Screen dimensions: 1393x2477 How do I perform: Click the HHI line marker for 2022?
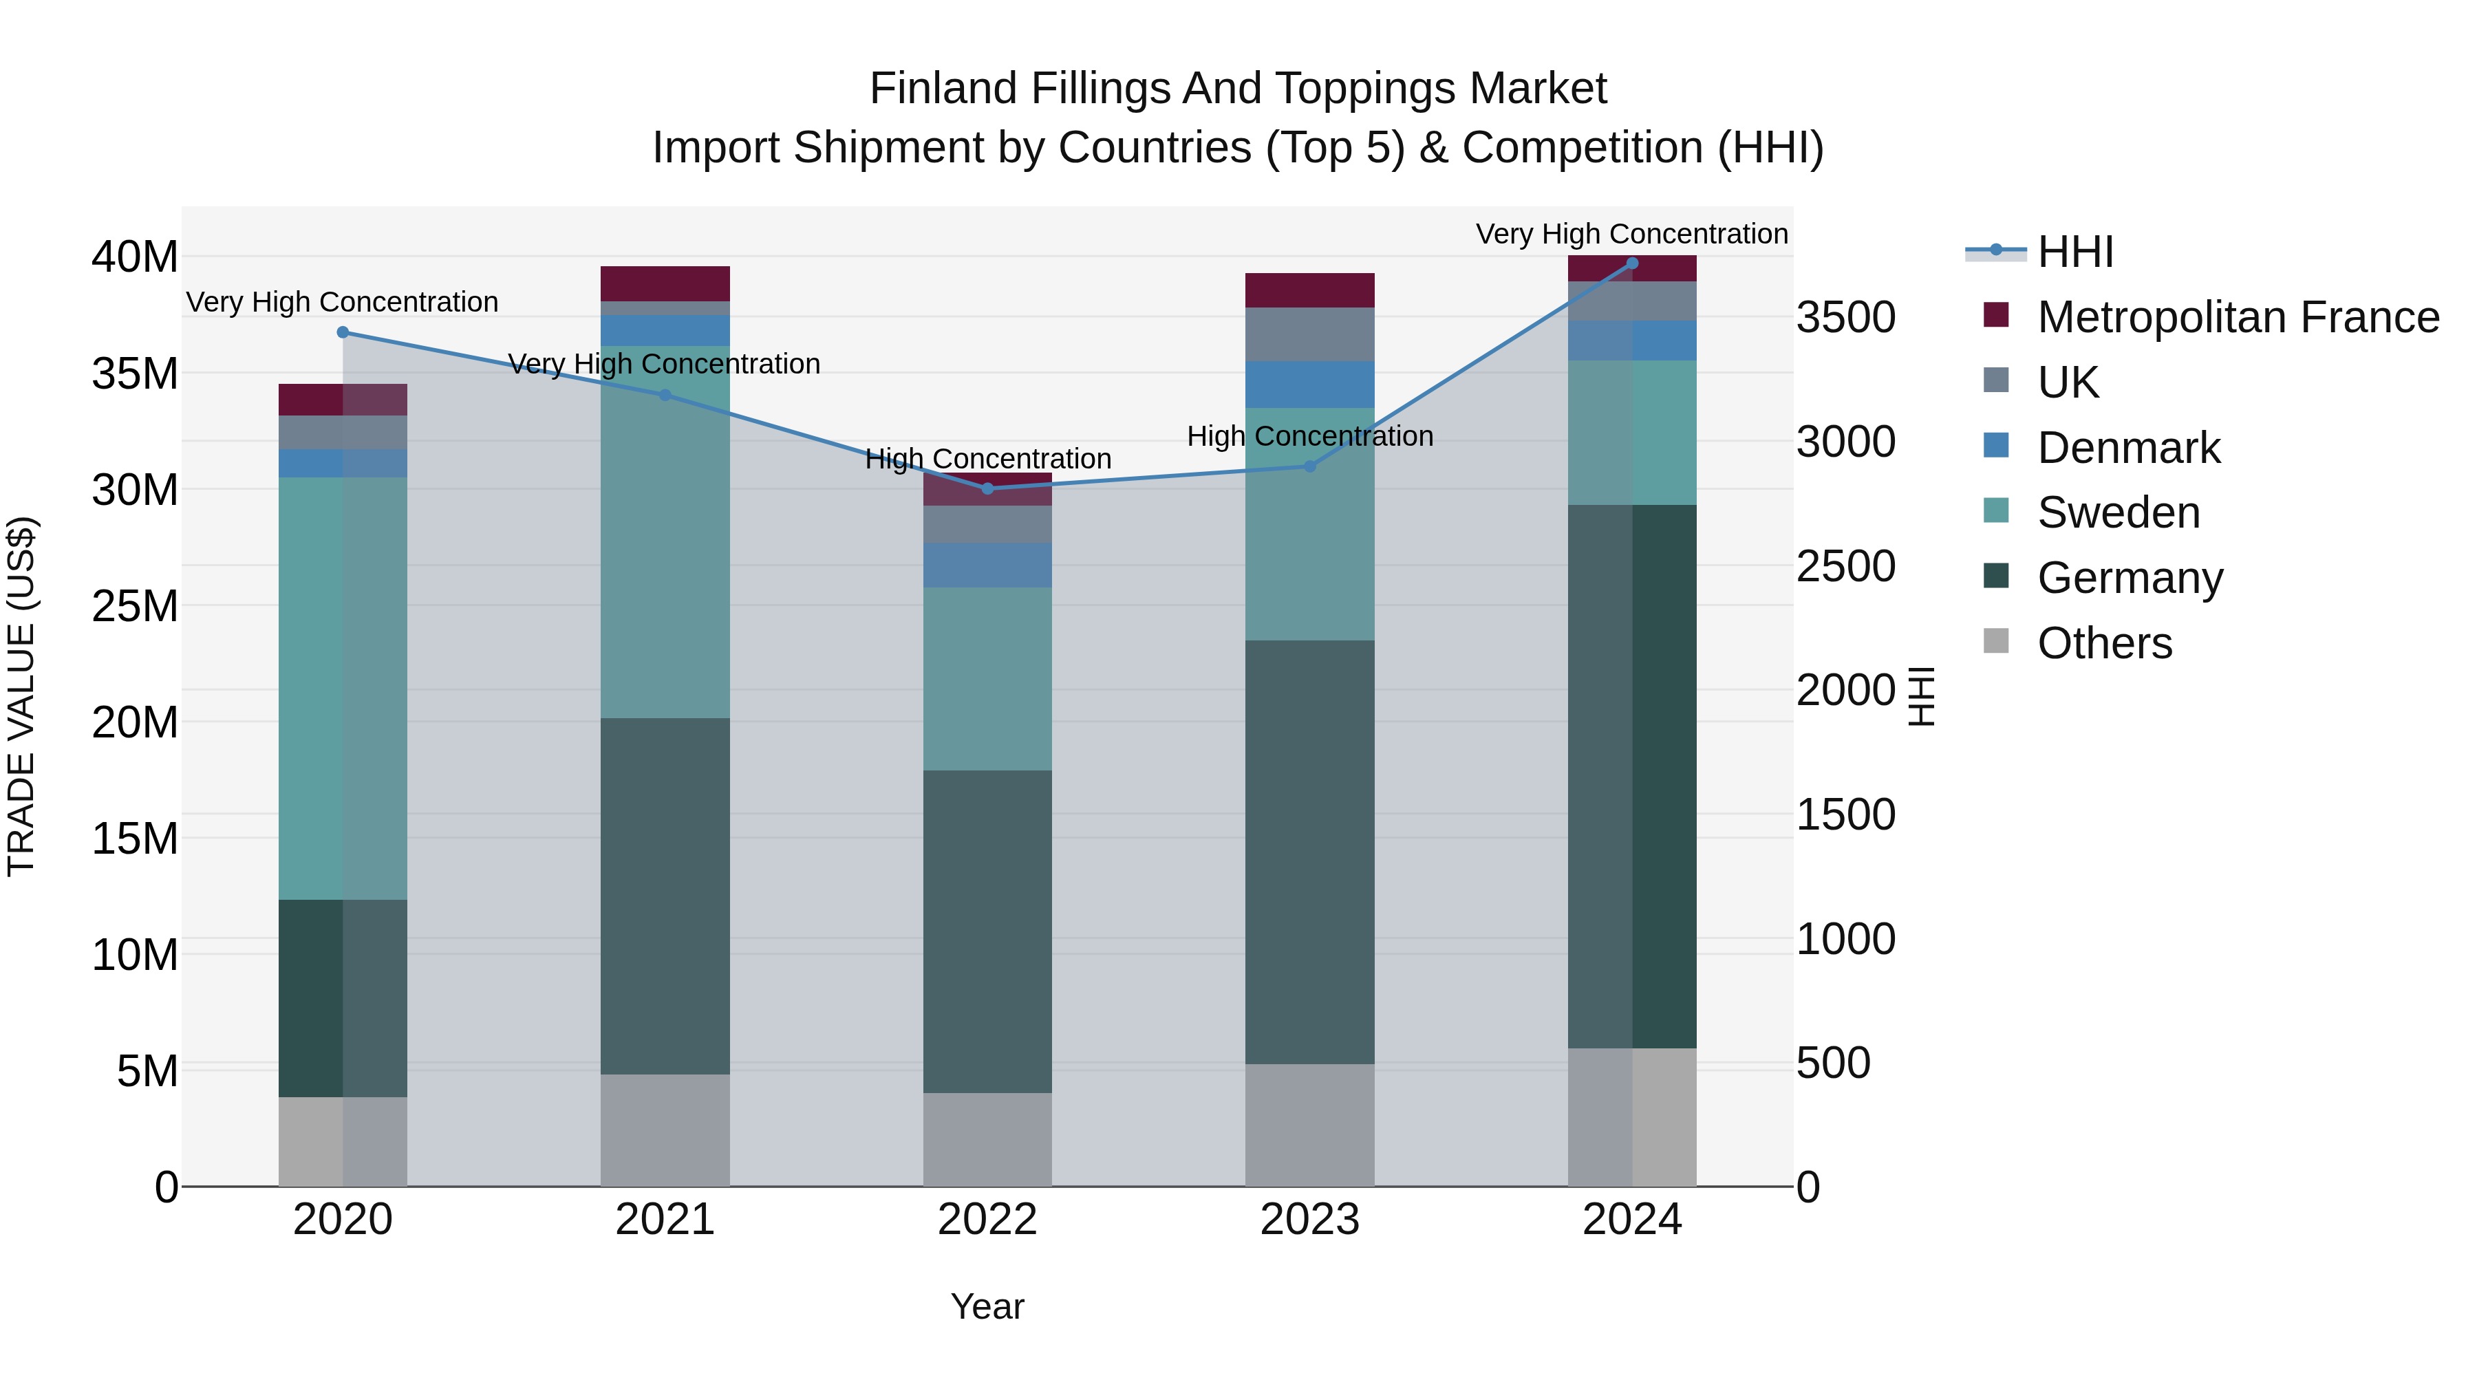point(987,488)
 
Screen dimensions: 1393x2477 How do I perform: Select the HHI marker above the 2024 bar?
point(1632,263)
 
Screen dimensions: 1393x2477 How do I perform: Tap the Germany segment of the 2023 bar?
point(1309,851)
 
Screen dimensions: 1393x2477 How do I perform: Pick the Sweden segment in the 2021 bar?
point(665,532)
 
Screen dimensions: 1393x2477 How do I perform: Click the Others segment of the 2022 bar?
point(987,1139)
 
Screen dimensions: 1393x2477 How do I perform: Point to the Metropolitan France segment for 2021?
point(665,283)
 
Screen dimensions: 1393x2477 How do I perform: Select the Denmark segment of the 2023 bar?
point(1309,385)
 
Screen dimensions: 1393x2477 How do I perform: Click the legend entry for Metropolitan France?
point(2238,317)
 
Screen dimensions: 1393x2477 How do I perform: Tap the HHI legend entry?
point(2075,252)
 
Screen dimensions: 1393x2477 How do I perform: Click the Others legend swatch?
point(1996,641)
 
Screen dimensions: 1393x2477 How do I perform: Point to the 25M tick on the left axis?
point(135,605)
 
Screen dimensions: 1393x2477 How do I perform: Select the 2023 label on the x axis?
point(1309,1220)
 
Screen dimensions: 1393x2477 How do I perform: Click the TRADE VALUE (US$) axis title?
point(21,696)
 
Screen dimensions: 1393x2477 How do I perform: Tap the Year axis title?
point(987,1306)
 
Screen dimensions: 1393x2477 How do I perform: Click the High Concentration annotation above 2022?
point(987,459)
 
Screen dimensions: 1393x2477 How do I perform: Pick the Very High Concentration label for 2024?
point(1632,234)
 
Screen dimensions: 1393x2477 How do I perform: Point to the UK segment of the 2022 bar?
point(987,524)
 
